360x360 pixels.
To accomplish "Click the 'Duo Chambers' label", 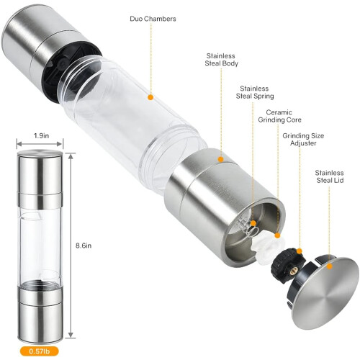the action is point(153,19).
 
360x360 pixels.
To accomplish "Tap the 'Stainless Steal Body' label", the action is point(221,60).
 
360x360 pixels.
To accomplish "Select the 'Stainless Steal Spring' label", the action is point(255,92).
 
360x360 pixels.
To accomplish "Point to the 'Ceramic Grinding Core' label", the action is point(279,116).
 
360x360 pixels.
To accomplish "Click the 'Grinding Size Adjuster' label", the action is point(303,140).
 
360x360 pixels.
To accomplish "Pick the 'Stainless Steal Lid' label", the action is point(329,176).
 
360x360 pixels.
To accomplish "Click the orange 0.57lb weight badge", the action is point(39,351).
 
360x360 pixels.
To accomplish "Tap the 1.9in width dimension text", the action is point(41,136).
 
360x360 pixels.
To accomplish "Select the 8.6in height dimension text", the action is point(84,246).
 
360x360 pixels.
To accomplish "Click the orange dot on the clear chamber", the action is point(150,97).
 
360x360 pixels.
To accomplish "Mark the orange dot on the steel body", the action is point(221,159).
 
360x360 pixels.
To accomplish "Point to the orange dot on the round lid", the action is point(330,266).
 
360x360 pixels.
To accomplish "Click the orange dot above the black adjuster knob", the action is point(300,251).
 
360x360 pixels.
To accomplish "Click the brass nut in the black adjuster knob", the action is point(293,270).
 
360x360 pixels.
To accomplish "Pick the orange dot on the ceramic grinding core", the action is point(277,235).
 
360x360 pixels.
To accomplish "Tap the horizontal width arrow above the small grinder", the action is point(40,144).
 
